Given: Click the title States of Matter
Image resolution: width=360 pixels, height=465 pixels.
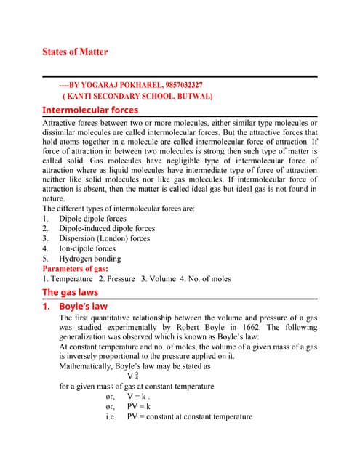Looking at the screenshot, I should tap(76, 52).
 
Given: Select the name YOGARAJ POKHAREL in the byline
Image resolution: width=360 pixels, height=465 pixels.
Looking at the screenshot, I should tap(116, 85).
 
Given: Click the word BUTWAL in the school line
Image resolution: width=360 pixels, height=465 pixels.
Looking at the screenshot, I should tap(191, 96).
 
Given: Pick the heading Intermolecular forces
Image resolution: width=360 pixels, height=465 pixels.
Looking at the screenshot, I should tap(90, 110).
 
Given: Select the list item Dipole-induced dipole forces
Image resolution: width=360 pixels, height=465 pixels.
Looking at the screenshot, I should tap(107, 228).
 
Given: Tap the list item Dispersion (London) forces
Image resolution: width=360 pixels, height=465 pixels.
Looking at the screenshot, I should tap(105, 238).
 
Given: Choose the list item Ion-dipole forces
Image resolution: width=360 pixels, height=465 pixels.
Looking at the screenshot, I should tap(87, 248).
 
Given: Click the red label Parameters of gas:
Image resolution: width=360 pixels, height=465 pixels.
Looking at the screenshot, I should tap(79, 269).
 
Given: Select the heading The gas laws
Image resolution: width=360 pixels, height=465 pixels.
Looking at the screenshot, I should tap(70, 292).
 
